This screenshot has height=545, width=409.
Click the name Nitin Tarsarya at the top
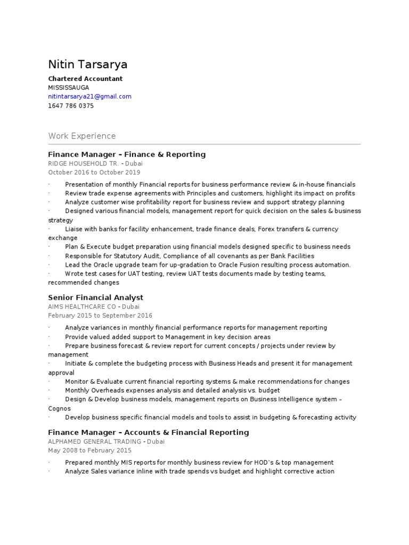[88, 65]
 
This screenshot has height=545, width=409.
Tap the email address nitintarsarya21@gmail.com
[89, 96]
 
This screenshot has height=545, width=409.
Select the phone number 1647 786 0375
[71, 106]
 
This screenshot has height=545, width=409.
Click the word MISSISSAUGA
[69, 87]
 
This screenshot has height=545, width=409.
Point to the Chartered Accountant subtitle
[85, 79]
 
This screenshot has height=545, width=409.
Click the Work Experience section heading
[81, 136]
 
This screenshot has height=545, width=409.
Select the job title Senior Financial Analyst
[96, 298]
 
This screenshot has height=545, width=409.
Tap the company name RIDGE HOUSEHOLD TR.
[83, 163]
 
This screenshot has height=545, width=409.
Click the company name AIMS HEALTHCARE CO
[83, 307]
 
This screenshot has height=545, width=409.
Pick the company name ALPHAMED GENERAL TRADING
[95, 441]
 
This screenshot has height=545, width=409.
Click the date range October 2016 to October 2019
[94, 172]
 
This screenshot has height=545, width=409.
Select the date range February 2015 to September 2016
[100, 316]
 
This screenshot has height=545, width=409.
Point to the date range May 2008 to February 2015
[89, 450]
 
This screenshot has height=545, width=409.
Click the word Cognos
[60, 408]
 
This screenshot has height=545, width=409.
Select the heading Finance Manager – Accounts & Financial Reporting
[149, 432]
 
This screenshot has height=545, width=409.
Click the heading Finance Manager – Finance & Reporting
[127, 154]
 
